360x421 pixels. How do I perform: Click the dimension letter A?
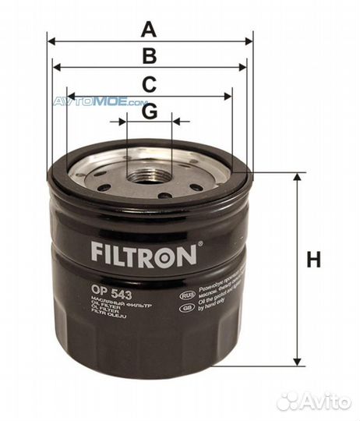click(x=149, y=30)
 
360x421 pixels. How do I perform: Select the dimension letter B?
click(x=149, y=56)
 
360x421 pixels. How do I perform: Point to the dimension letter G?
click(x=149, y=111)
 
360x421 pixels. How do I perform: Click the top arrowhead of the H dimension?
click(x=297, y=179)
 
